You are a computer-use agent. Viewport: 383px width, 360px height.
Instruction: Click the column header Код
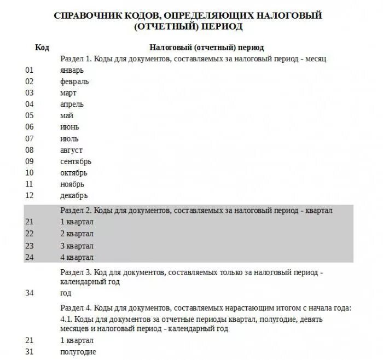[x=42, y=48]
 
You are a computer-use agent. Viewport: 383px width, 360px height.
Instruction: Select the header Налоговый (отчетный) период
[x=206, y=48]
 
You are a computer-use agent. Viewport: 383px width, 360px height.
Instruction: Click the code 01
[x=30, y=70]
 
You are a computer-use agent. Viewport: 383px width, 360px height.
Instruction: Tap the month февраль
[x=74, y=82]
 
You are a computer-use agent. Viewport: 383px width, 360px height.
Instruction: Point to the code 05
[x=30, y=115]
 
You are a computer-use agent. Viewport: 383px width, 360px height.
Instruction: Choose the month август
[x=72, y=150]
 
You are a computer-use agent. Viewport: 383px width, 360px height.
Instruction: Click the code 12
[x=30, y=195]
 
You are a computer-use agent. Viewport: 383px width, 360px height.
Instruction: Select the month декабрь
[x=74, y=195]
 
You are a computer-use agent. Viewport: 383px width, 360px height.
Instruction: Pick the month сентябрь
[x=76, y=161]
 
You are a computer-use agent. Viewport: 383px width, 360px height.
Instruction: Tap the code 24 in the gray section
[x=30, y=257]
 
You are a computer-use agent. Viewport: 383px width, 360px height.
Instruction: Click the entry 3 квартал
[x=77, y=246]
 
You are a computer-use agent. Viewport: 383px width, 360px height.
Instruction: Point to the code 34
[x=30, y=293]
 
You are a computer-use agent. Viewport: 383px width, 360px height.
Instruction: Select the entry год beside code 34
[x=66, y=293]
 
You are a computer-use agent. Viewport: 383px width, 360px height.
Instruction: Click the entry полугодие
[x=78, y=352]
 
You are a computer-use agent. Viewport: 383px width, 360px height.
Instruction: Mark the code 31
[x=30, y=352]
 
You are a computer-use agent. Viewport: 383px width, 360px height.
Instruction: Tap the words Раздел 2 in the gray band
[x=76, y=210]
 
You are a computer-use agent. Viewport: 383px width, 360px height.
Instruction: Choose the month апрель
[x=72, y=104]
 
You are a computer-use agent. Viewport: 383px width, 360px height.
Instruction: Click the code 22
[x=30, y=234]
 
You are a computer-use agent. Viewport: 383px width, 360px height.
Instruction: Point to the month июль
[x=69, y=138]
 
